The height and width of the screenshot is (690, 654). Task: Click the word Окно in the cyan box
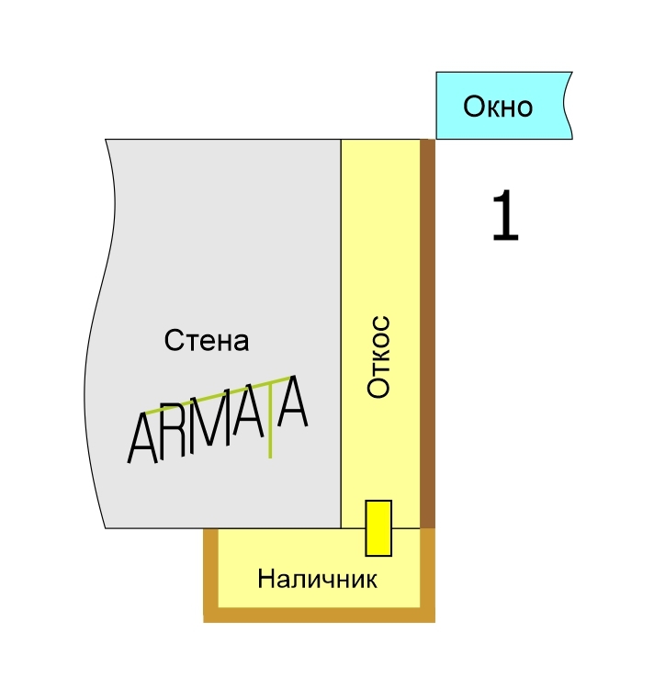pyautogui.click(x=498, y=107)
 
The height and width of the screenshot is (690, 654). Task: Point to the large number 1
pyautogui.click(x=505, y=216)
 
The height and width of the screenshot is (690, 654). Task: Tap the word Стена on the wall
pyautogui.click(x=207, y=340)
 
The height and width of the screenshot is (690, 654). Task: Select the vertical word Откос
pyautogui.click(x=378, y=356)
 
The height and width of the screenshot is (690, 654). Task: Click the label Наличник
pyautogui.click(x=317, y=579)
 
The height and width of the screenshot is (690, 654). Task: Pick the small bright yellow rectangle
pyautogui.click(x=378, y=528)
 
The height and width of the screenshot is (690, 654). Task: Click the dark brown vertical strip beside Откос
pyautogui.click(x=427, y=334)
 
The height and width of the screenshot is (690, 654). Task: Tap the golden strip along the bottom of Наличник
pyautogui.click(x=320, y=616)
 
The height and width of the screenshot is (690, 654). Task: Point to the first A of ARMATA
pyautogui.click(x=141, y=438)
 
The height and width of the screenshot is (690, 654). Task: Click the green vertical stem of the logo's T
pyautogui.click(x=270, y=424)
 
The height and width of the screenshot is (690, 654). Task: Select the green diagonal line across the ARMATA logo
pyautogui.click(x=219, y=395)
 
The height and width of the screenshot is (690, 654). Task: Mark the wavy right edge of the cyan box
pyautogui.click(x=568, y=106)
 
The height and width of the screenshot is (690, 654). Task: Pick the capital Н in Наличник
pyautogui.click(x=265, y=579)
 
